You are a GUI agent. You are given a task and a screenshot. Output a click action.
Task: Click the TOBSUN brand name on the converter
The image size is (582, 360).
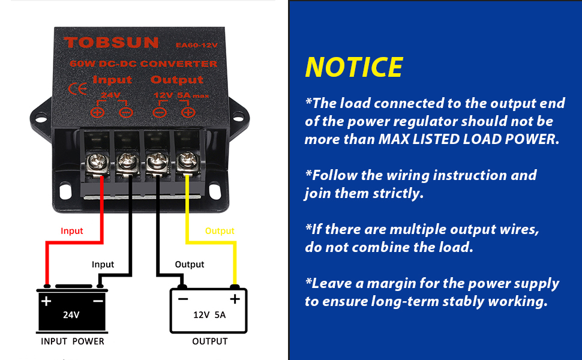coord(112,43)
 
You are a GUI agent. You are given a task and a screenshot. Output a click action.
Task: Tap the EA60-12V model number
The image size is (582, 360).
coord(196,44)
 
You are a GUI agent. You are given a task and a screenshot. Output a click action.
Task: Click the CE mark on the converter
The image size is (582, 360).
coord(78,89)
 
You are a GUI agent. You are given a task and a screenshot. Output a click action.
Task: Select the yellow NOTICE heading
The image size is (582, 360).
coord(354,67)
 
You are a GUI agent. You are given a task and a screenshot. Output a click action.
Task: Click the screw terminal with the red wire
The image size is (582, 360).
coord(98,161)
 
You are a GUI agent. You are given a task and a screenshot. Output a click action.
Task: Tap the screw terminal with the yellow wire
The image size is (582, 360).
coord(186,161)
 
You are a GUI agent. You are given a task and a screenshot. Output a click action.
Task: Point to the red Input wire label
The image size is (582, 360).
coord(72,231)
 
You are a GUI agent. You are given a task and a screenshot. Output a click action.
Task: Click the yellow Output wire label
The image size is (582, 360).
coord(220,231)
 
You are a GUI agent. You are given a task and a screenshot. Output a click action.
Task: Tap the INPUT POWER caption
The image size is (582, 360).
coord(73,341)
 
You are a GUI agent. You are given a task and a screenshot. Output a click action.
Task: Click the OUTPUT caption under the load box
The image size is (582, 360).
coord(209,341)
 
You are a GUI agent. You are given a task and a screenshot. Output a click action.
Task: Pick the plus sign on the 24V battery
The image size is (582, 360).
coord(46,300)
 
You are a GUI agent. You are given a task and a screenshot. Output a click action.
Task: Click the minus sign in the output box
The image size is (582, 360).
coord(183,299)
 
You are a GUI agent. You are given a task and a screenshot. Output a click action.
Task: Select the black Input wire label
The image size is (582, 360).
coord(103,264)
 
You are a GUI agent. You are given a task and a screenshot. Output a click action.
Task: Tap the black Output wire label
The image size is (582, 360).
coord(190,264)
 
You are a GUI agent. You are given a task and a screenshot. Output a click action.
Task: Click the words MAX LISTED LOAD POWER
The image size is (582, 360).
coord(468,139)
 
